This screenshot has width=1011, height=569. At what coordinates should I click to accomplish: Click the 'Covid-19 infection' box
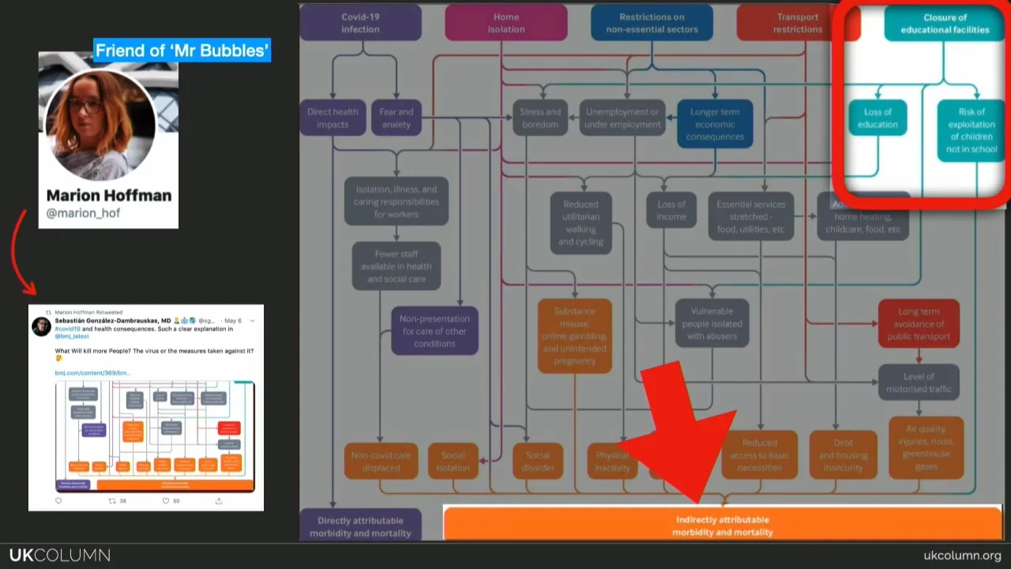(360, 23)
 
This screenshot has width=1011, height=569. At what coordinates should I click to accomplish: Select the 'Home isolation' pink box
(505, 23)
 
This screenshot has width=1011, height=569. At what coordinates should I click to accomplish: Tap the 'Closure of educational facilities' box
(945, 23)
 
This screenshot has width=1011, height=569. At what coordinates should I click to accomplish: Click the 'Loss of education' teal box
(878, 118)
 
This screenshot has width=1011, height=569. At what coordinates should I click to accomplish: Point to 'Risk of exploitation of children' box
(971, 130)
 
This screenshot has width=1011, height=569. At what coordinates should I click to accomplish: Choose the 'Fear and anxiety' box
(396, 118)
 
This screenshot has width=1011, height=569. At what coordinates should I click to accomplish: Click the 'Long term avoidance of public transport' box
(919, 323)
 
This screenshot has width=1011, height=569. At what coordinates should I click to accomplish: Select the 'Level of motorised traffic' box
(919, 382)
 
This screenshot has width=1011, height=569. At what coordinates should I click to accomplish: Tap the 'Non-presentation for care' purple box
(434, 331)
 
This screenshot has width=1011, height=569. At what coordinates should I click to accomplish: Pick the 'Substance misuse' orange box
(574, 336)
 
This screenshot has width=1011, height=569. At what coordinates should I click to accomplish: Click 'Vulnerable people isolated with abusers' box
(712, 323)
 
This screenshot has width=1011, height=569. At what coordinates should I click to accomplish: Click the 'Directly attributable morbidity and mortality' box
(360, 526)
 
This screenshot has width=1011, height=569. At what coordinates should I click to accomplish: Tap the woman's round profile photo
(101, 125)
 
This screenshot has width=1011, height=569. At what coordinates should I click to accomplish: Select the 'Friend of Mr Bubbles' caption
(182, 51)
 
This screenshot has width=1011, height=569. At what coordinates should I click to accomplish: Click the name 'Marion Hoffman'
(109, 195)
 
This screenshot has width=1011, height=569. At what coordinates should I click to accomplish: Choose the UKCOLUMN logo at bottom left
(60, 556)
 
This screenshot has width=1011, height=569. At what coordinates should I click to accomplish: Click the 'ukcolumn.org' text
(962, 556)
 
